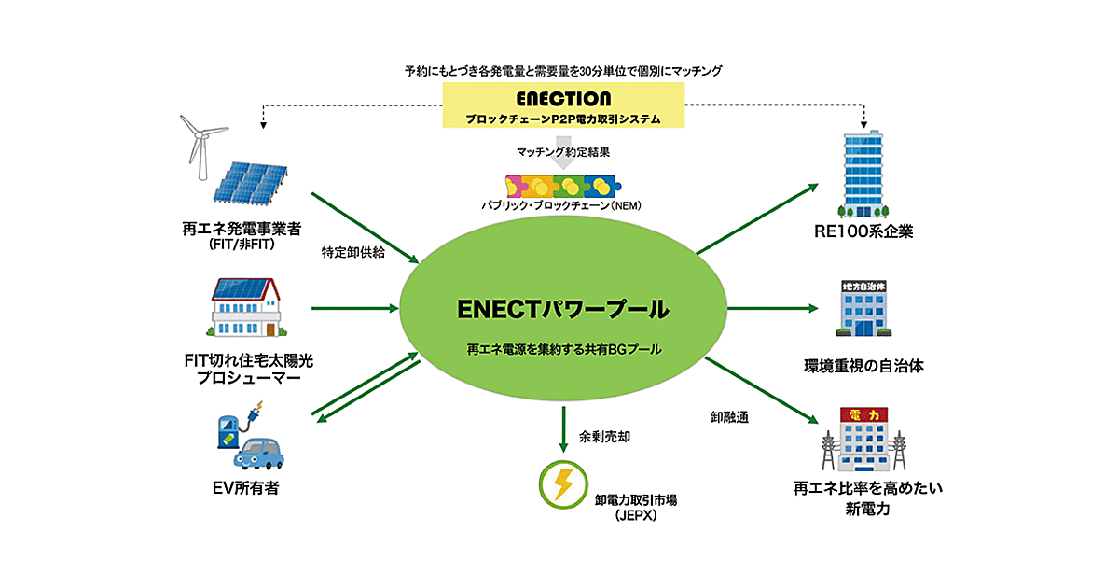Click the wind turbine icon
(198, 142)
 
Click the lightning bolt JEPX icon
(562, 483)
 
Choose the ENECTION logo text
(562, 98)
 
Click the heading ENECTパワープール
(563, 308)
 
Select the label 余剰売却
(603, 436)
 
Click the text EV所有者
(244, 486)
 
